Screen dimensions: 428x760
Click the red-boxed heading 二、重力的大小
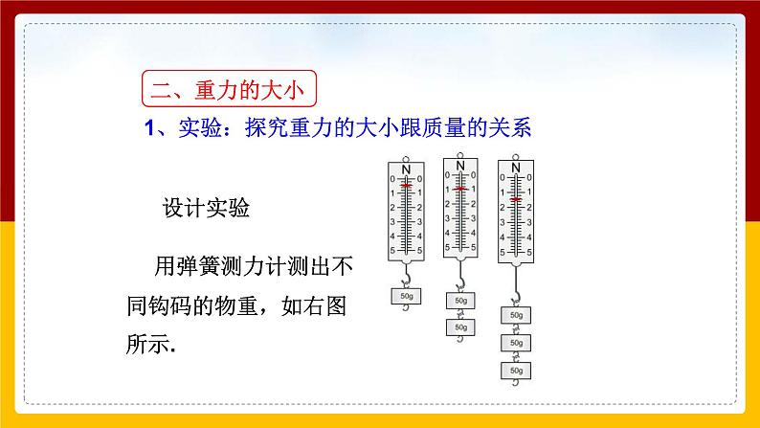(228, 92)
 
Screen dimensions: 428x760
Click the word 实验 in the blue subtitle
(195, 127)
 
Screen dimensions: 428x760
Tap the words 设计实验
(208, 210)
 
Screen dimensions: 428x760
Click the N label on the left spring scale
(406, 169)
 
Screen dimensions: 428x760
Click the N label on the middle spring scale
(460, 165)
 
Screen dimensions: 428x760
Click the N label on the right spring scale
(516, 169)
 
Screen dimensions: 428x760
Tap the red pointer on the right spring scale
(516, 199)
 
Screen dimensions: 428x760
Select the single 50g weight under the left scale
(407, 297)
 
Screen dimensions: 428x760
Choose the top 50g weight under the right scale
(516, 315)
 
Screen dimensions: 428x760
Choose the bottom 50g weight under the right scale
(516, 370)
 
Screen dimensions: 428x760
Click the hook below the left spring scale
(407, 278)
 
